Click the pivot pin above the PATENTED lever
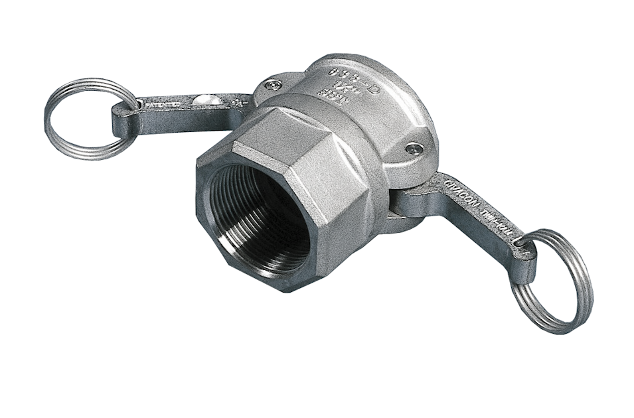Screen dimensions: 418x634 coord(272,84)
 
